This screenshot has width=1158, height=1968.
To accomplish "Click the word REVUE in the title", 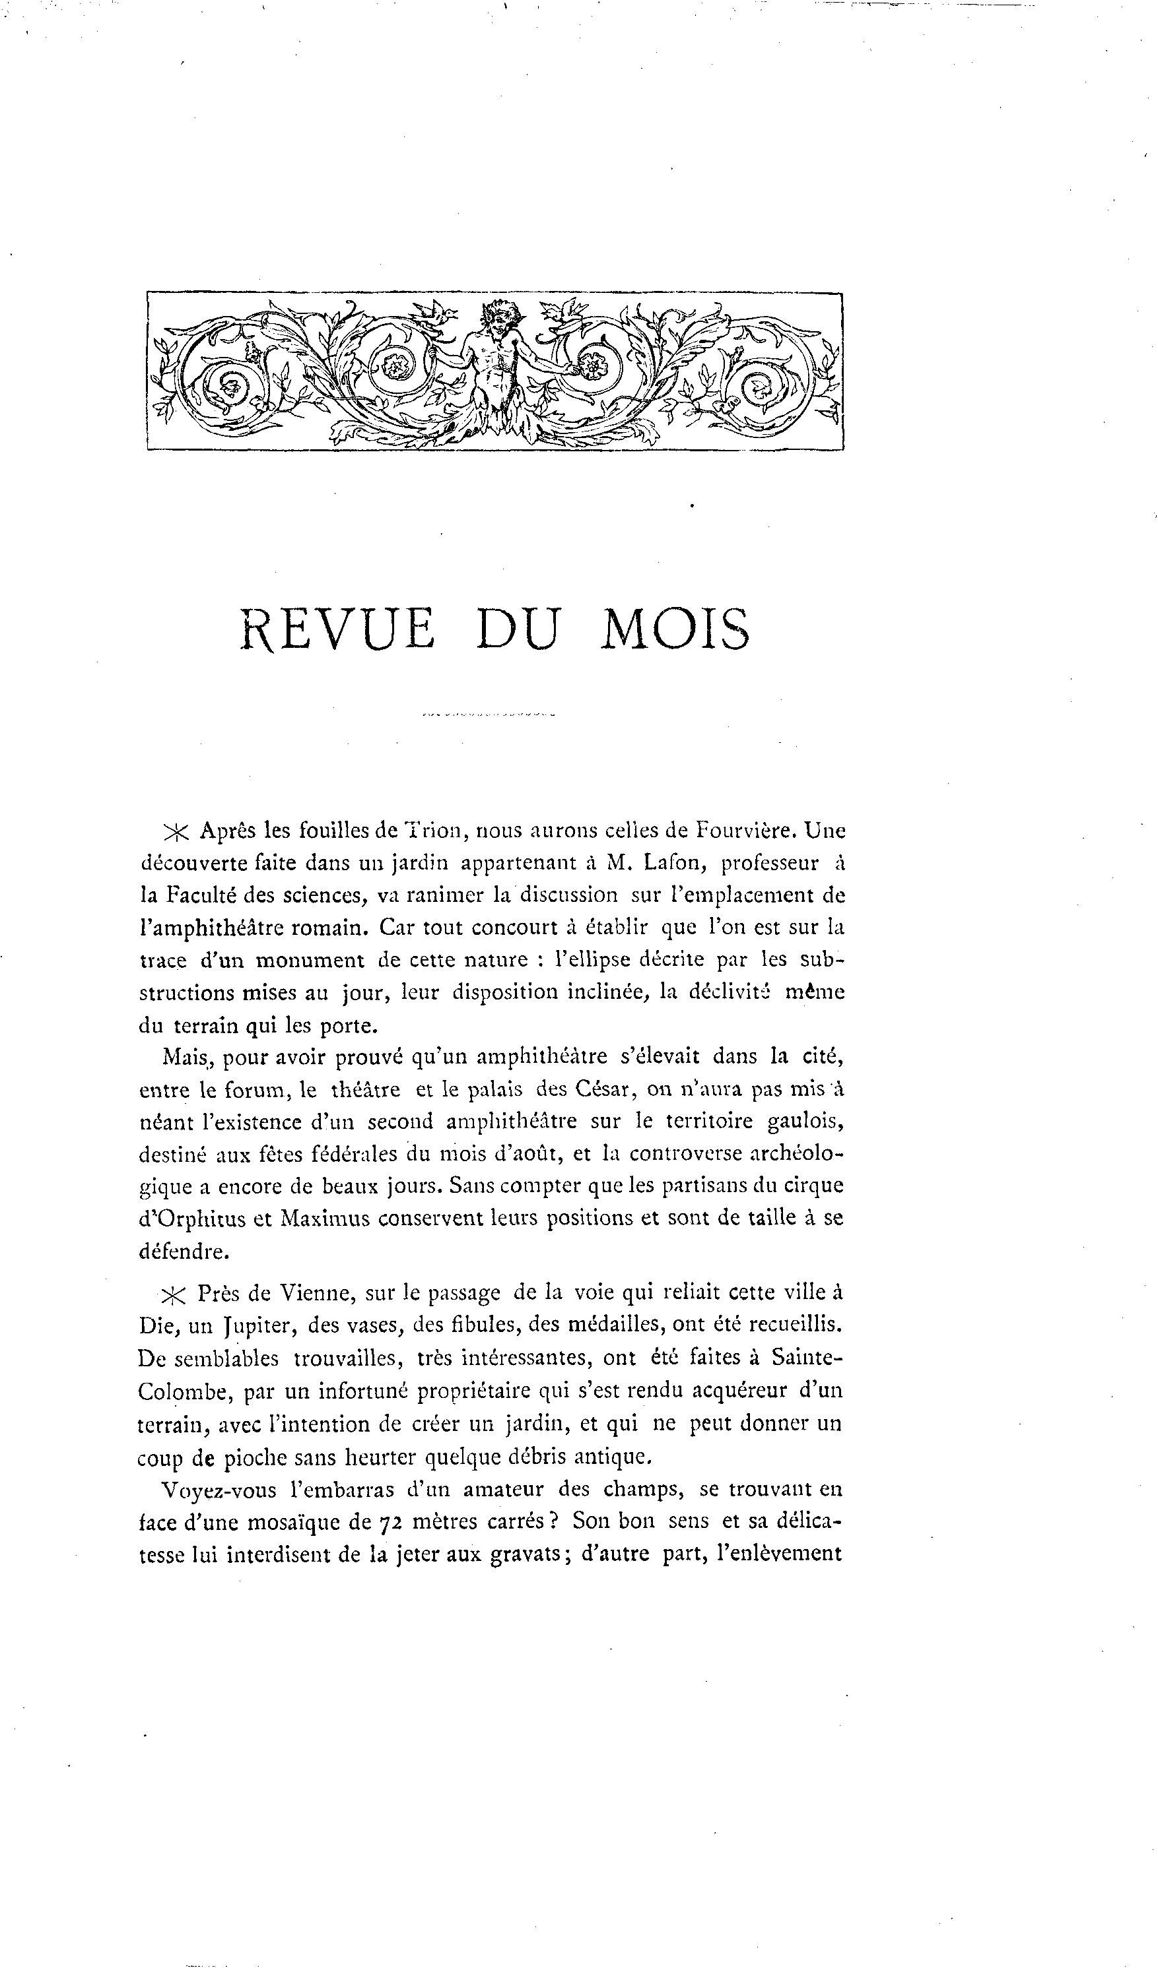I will (x=337, y=629).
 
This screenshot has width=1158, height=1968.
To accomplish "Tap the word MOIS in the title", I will (x=675, y=629).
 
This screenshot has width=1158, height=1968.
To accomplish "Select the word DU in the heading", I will (x=518, y=629).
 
